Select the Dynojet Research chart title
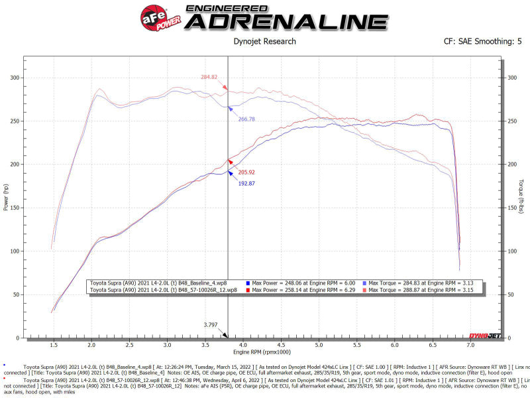pos(264,42)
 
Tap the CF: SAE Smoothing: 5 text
pos(482,42)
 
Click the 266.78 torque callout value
pos(246,119)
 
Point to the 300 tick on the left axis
pos(14,78)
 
